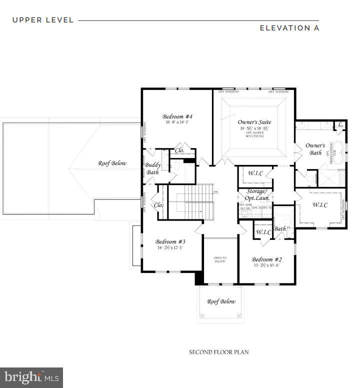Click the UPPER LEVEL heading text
pos(43,20)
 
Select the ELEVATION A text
pos(289,28)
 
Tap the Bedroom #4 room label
pos(177,116)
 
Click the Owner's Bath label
pos(315,149)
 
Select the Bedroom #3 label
pos(170,240)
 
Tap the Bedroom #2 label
pos(266,259)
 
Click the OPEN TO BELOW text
pos(220,259)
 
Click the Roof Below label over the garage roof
pos(112,163)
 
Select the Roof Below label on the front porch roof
pos(220,301)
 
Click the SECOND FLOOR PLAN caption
pos(218,352)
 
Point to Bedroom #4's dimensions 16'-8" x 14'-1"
pos(177,122)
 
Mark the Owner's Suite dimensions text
pos(253,128)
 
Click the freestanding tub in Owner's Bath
pos(338,149)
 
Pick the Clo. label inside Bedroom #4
pos(179,150)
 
